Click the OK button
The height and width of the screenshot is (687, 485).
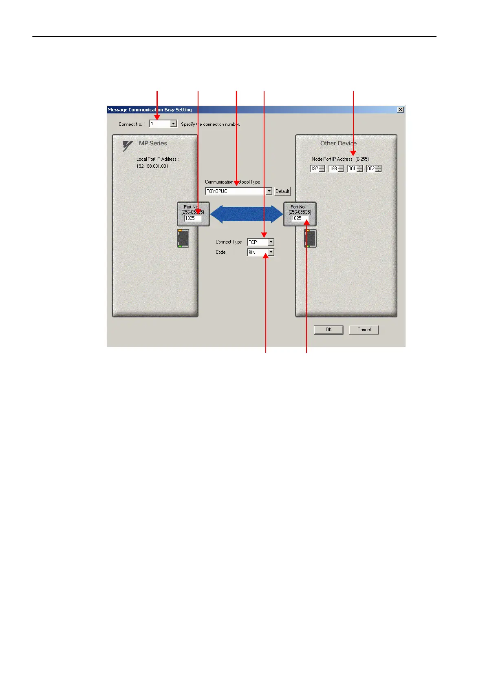tap(328, 330)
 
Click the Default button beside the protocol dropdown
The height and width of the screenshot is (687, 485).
tap(282, 191)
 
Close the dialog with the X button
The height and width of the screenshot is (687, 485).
tap(401, 110)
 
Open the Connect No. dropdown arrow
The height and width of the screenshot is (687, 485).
tap(174, 124)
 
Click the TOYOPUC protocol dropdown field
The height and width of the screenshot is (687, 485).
tap(236, 191)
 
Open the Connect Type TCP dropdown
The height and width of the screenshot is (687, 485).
tap(260, 242)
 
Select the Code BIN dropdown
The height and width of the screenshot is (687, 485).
tap(260, 252)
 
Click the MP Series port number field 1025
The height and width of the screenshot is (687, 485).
tap(192, 218)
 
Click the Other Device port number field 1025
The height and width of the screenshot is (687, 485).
tap(299, 218)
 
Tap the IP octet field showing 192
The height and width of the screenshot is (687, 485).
tap(315, 168)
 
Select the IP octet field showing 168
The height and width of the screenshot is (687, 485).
tap(333, 168)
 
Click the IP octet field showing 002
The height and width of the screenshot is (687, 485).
tap(371, 168)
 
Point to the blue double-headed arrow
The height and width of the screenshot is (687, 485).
tap(246, 214)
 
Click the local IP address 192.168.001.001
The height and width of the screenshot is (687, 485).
tap(152, 166)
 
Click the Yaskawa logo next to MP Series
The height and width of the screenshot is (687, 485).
tap(128, 146)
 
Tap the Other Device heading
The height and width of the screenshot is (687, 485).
tap(338, 143)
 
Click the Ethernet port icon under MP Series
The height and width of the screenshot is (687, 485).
tap(183, 238)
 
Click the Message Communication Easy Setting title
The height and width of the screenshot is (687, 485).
tap(150, 110)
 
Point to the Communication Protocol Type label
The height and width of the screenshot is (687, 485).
tap(232, 182)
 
